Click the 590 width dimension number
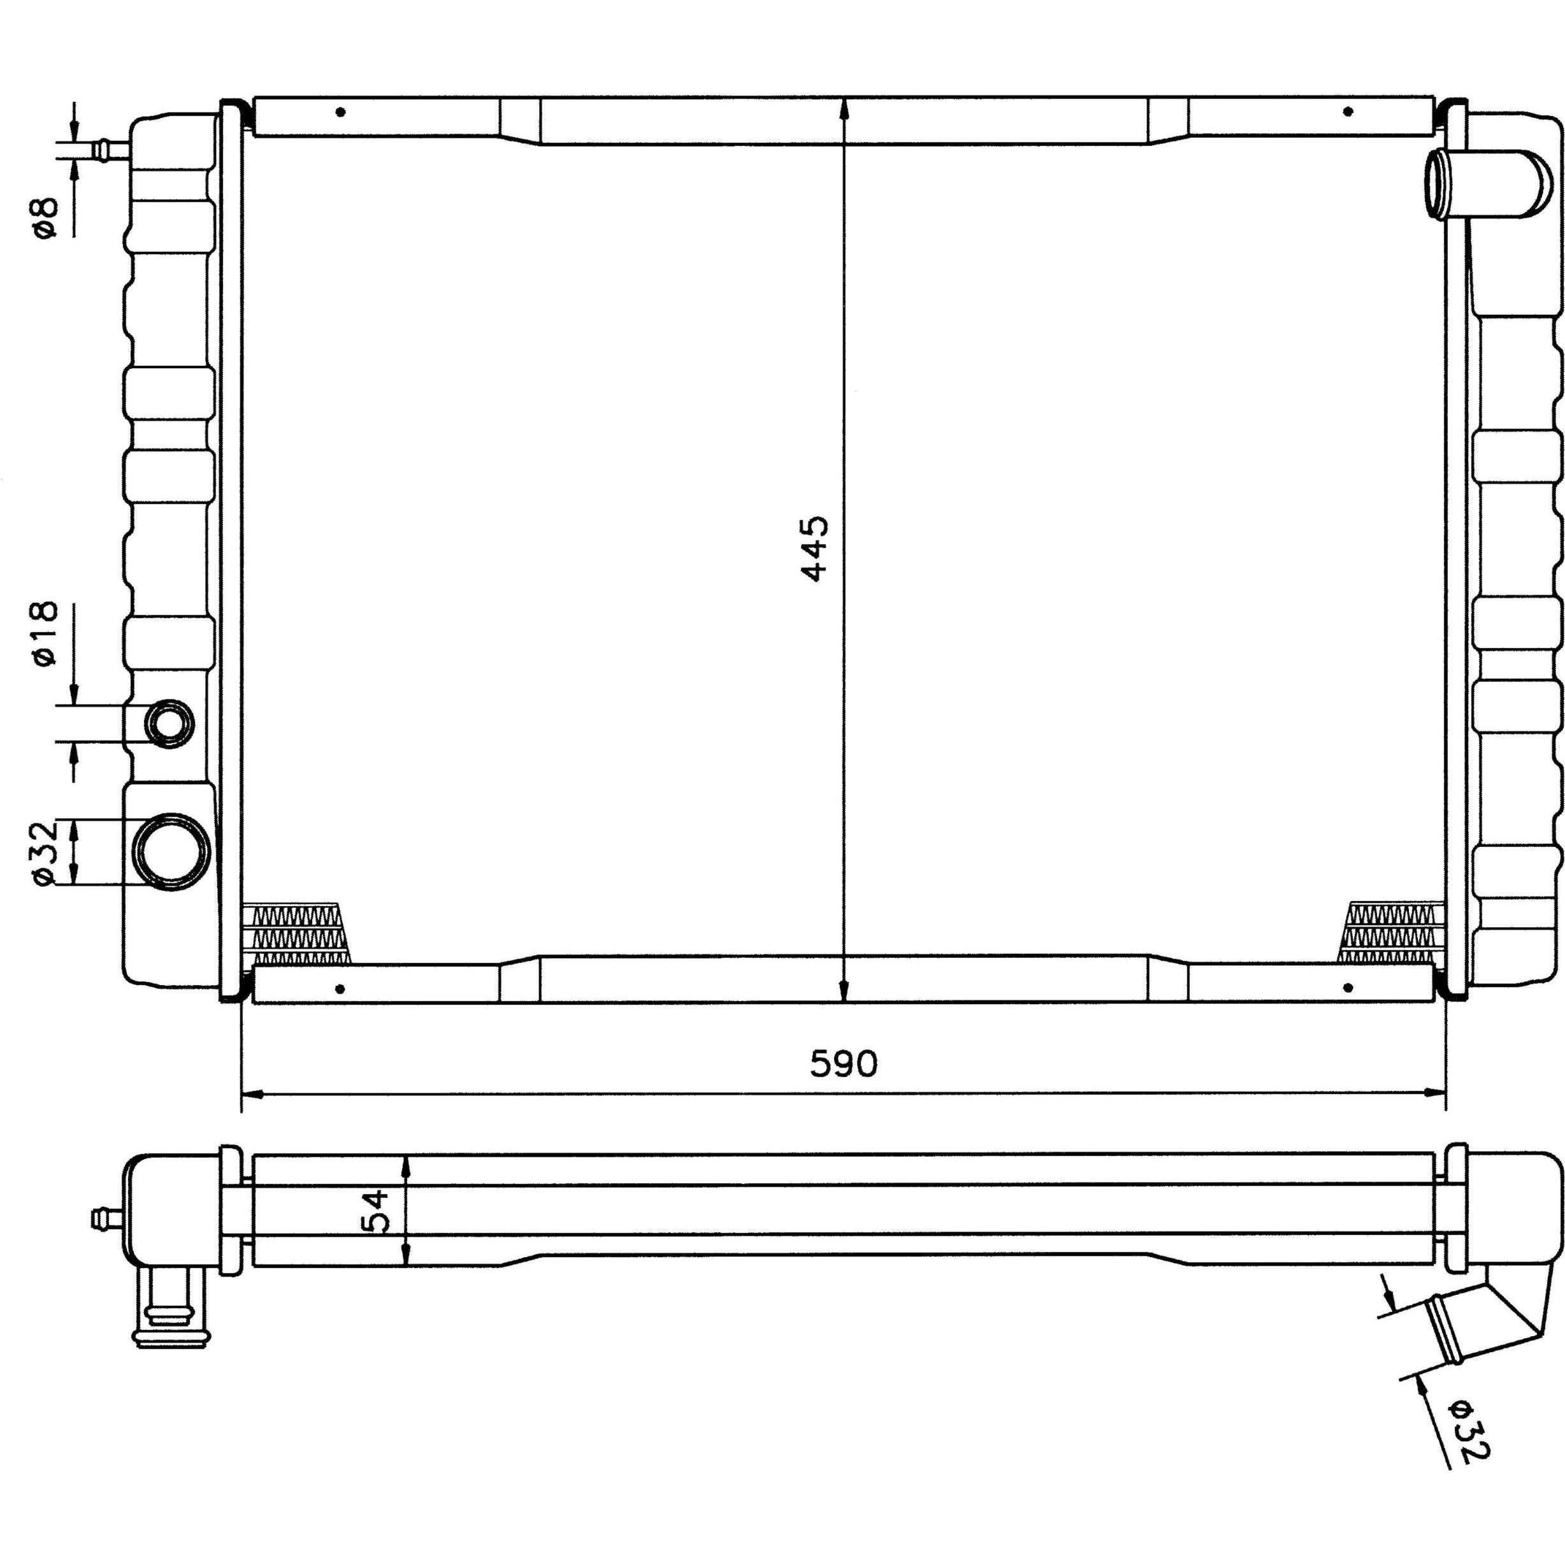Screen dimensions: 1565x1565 pyautogui.click(x=843, y=1064)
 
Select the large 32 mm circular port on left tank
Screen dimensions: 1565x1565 pyautogui.click(x=171, y=852)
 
